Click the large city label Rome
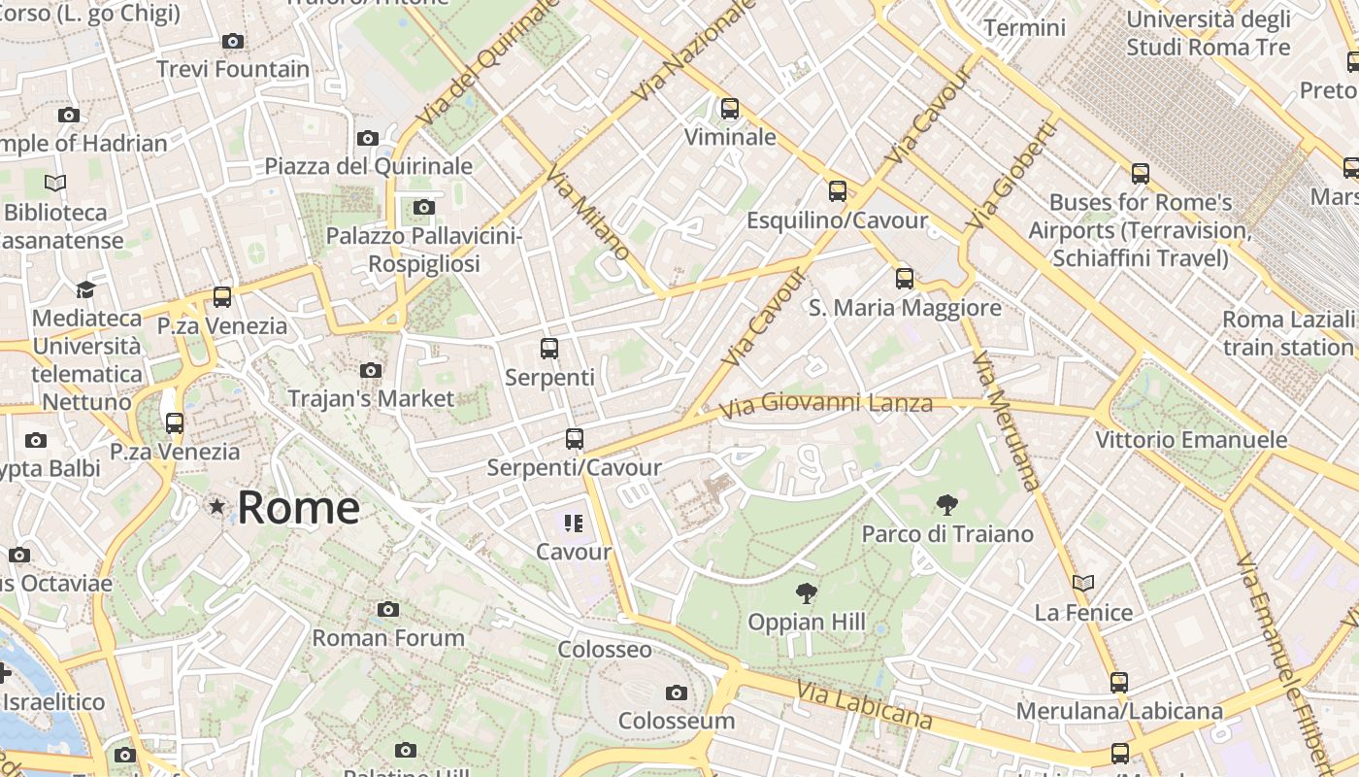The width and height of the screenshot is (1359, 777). (298, 508)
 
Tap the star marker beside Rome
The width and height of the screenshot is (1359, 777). (216, 506)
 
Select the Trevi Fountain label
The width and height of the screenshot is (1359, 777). (233, 69)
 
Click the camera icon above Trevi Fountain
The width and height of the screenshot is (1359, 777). (232, 41)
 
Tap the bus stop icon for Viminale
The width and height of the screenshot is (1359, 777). (730, 109)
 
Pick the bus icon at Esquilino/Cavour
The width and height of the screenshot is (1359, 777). (837, 191)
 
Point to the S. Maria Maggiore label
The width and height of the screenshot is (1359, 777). (905, 308)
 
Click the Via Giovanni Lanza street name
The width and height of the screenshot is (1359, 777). (828, 403)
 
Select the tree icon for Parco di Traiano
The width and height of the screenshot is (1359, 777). (947, 505)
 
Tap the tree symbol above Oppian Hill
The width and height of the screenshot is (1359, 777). (806, 593)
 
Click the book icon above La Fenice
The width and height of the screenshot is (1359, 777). (1083, 583)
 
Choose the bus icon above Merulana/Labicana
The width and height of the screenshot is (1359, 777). (1119, 682)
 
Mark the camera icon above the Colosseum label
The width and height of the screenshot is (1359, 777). (677, 693)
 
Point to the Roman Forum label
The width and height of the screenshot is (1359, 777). (388, 638)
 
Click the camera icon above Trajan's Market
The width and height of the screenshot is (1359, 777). (370, 370)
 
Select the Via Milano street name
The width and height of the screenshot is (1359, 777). (587, 213)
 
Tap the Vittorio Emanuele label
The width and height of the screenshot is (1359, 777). (1191, 440)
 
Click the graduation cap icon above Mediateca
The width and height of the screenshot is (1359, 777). (86, 289)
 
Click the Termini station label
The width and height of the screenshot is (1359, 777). (1024, 27)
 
